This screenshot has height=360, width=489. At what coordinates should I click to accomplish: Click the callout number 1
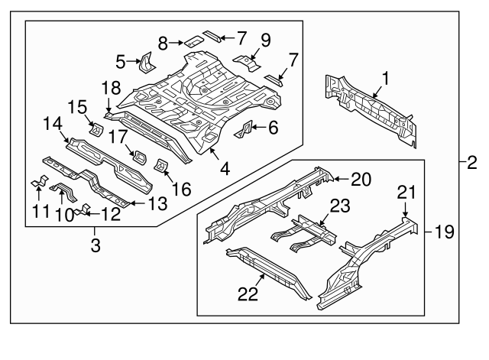pos(386,77)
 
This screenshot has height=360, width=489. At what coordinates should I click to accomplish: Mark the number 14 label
pos(51,123)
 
